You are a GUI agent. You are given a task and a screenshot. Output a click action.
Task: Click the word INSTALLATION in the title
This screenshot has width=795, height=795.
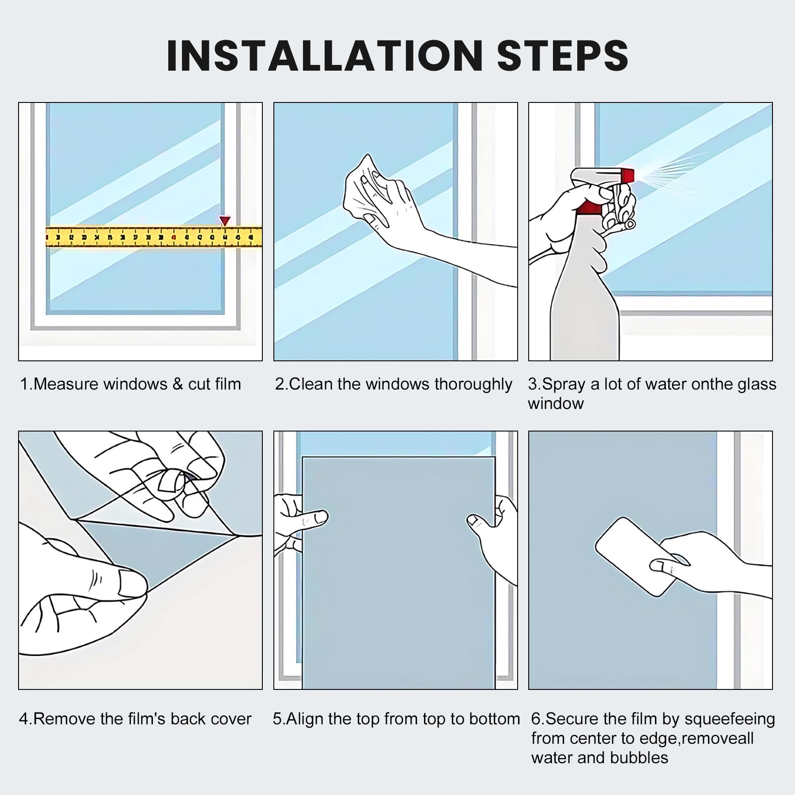325,56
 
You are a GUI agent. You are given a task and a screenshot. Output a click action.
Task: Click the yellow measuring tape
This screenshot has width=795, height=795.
154,237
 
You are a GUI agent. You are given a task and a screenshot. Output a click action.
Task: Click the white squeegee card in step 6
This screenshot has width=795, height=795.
636,556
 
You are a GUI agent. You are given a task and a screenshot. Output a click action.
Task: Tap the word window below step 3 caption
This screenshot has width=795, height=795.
556,404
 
